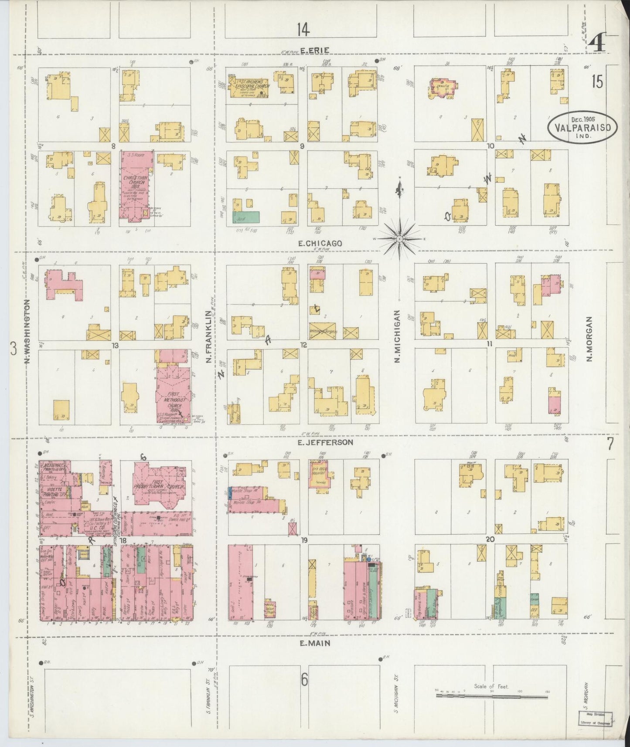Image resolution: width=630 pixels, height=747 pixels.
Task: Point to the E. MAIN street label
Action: pyautogui.click(x=313, y=643)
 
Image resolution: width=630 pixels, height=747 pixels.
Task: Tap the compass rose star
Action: pyautogui.click(x=399, y=239)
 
